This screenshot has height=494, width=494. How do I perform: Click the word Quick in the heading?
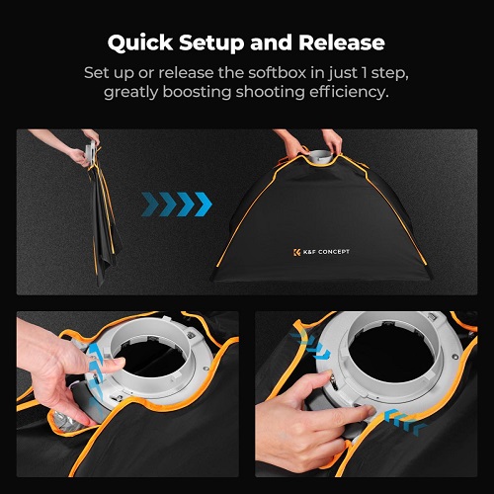(x=140, y=43)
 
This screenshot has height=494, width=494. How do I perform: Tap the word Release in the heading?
(x=342, y=42)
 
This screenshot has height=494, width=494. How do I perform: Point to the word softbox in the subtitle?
(x=278, y=73)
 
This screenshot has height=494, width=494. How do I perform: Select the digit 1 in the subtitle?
(x=364, y=73)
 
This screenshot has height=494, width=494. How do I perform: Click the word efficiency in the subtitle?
(x=349, y=92)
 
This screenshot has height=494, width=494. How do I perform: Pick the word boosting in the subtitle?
(x=197, y=93)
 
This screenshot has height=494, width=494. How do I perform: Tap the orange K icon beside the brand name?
(x=296, y=253)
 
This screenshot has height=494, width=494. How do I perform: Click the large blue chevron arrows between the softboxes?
(x=177, y=205)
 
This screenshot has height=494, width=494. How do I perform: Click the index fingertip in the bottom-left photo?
(x=118, y=362)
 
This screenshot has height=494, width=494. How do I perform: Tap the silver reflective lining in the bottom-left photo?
(x=66, y=423)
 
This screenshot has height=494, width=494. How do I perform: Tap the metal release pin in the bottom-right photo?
(x=334, y=383)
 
